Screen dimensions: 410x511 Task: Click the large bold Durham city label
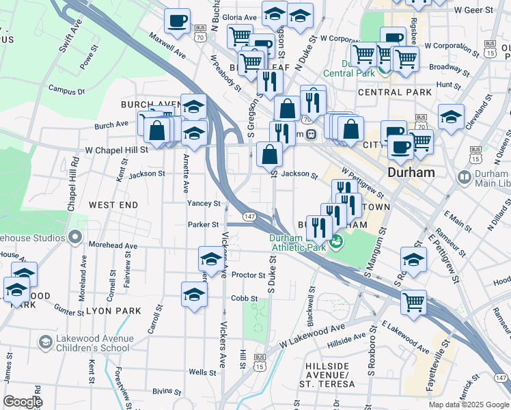click(411, 173)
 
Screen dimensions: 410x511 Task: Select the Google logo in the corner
click(23, 402)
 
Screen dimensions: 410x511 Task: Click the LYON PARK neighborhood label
click(113, 311)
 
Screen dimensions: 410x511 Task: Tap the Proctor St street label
click(248, 275)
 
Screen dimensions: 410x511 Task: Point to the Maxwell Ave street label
click(167, 44)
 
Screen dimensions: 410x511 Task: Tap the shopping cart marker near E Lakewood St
click(413, 301)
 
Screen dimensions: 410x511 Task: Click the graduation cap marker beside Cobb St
click(194, 295)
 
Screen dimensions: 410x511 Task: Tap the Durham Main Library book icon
click(464, 178)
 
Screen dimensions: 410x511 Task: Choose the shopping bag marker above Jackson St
click(270, 154)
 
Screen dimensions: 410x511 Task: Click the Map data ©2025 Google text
click(467, 404)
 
